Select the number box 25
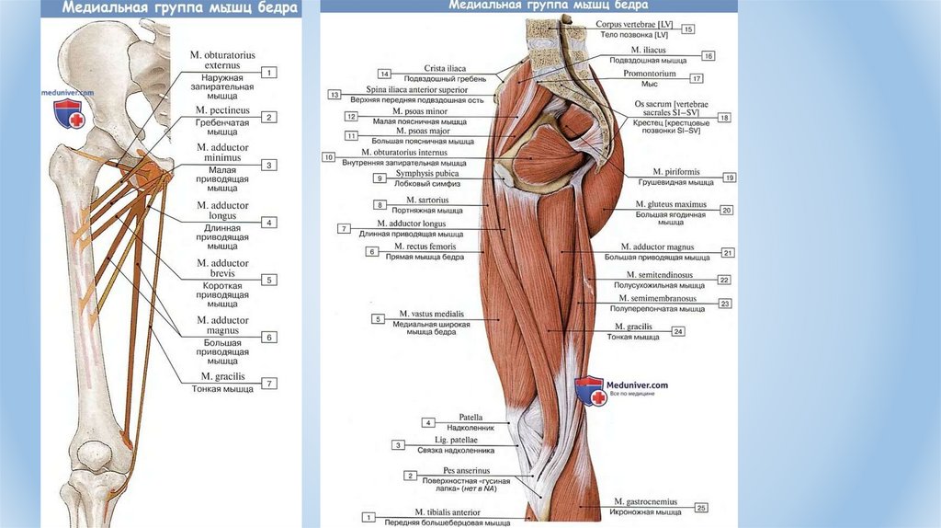[701, 507]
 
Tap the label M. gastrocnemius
[646, 501]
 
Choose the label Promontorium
[650, 74]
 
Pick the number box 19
[730, 178]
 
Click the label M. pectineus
[218, 110]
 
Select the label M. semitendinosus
[659, 274]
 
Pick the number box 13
[334, 95]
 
